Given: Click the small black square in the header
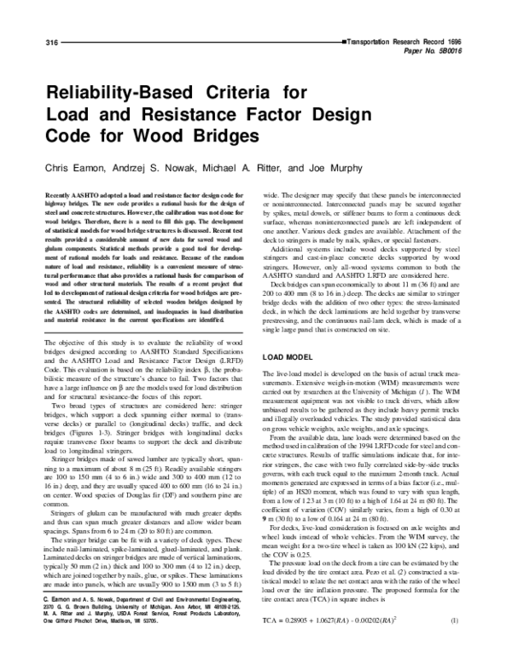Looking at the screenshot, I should (345, 41).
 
